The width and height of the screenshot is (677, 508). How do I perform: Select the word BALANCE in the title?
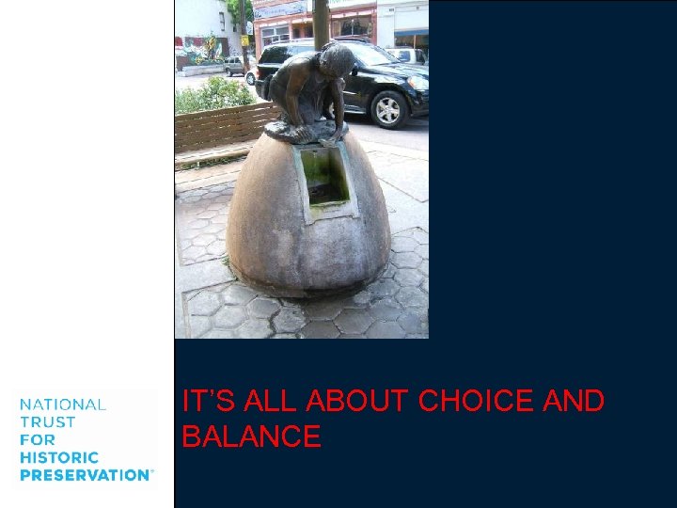pyautogui.click(x=251, y=437)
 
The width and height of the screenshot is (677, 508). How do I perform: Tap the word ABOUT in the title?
pyautogui.click(x=359, y=402)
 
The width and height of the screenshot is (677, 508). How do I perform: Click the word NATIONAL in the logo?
pyautogui.click(x=63, y=405)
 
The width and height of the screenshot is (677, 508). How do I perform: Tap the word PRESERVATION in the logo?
pyautogui.click(x=85, y=475)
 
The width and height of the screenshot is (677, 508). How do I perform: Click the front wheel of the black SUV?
pyautogui.click(x=387, y=109)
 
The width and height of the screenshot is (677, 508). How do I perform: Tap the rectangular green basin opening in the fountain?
pyautogui.click(x=325, y=176)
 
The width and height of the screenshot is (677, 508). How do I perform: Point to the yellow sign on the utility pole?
pyautogui.click(x=244, y=40)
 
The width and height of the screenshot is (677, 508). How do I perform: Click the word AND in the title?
pyautogui.click(x=574, y=402)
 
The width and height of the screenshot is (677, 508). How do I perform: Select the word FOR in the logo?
pyautogui.click(x=37, y=439)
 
